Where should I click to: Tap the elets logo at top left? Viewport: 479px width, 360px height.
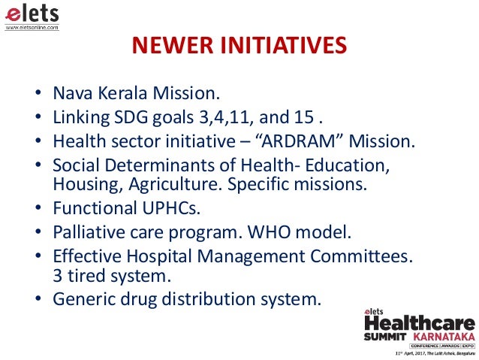pyautogui.click(x=32, y=14)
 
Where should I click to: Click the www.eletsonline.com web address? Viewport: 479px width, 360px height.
pyautogui.click(x=32, y=27)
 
